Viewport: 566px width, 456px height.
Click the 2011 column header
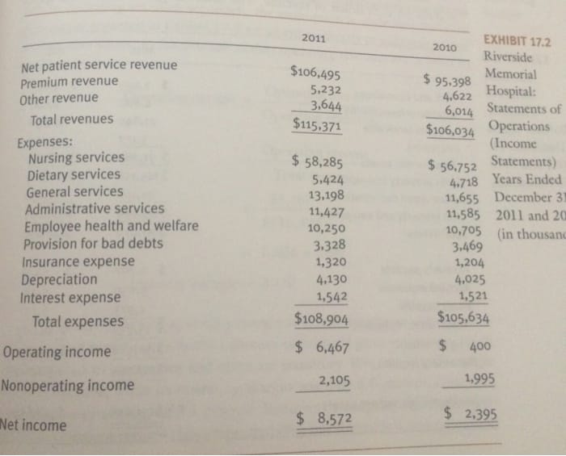(x=315, y=39)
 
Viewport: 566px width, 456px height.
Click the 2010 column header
(x=446, y=47)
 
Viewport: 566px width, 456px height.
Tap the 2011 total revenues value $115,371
(x=316, y=126)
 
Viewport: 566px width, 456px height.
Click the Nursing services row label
(x=76, y=157)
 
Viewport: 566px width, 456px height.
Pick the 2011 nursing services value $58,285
(x=319, y=161)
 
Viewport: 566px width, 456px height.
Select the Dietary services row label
(x=74, y=174)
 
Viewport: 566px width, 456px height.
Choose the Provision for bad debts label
(x=93, y=244)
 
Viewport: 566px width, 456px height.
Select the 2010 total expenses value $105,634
(x=463, y=317)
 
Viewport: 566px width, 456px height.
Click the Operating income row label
(x=57, y=352)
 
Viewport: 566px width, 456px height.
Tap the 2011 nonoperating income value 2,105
(x=334, y=380)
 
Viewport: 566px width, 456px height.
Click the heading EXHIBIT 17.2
(x=516, y=41)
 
